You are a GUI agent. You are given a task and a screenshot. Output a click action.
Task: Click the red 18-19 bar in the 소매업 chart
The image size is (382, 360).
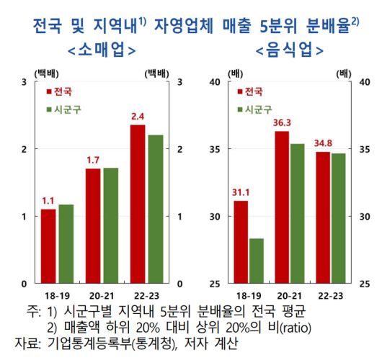click(x=48, y=246)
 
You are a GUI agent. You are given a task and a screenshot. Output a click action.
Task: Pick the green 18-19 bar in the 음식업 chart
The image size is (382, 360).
click(x=257, y=261)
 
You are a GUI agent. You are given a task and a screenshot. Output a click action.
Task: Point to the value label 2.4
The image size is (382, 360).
click(x=137, y=116)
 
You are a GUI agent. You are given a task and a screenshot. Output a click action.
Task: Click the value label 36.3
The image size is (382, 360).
click(x=282, y=123)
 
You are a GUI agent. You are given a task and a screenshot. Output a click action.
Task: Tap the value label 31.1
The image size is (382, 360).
click(x=241, y=192)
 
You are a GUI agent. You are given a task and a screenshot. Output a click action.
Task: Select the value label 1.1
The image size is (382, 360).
click(x=48, y=201)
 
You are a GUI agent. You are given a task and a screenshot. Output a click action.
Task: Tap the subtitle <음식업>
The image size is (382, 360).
click(x=289, y=52)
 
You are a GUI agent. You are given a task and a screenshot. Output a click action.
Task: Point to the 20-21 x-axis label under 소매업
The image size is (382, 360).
click(x=101, y=295)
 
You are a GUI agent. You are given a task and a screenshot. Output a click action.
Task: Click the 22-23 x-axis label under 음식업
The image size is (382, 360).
click(x=330, y=295)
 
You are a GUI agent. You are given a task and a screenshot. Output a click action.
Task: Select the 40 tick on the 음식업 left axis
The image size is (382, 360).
click(x=215, y=82)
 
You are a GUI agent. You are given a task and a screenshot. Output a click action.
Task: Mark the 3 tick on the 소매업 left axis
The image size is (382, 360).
click(x=25, y=82)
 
